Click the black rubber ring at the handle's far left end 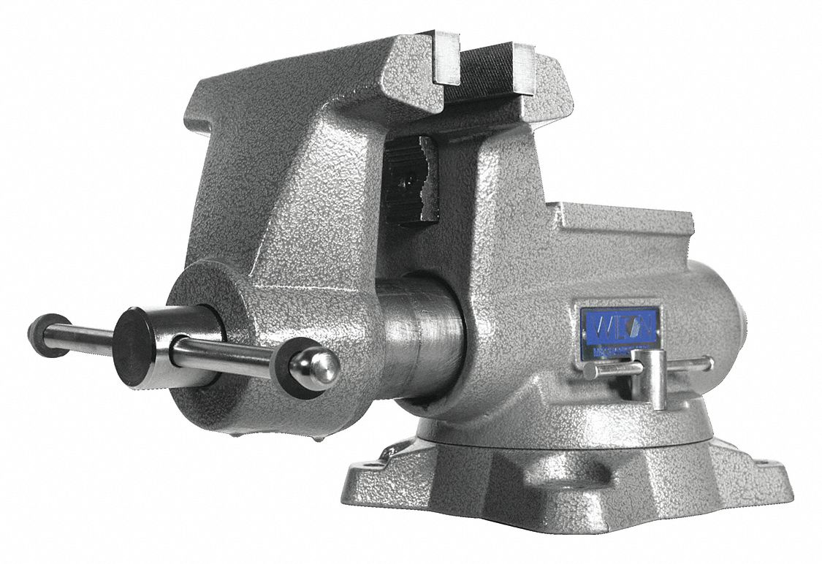pos(49,335)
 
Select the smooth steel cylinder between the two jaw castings pos(424,336)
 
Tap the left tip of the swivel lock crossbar pos(590,370)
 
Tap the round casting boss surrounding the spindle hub pos(212,292)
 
